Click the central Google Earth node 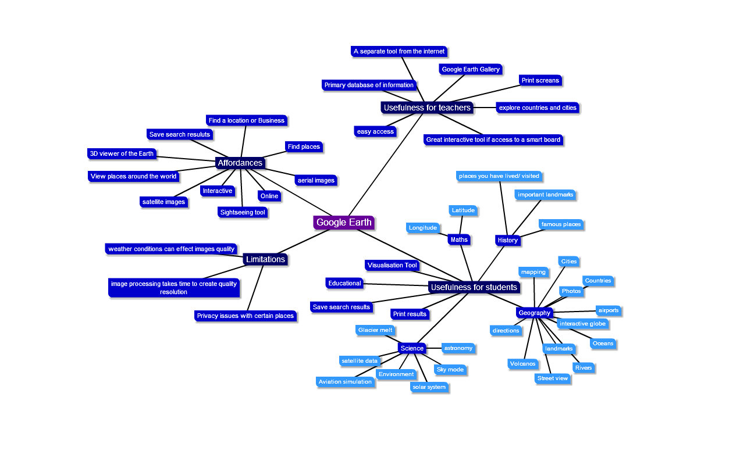coord(343,223)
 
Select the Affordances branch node coord(240,163)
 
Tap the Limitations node coord(265,259)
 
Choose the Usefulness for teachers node coord(426,108)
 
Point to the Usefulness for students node coord(474,287)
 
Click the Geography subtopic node coord(534,313)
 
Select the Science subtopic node coord(412,348)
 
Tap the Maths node coord(458,239)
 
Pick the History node coord(507,240)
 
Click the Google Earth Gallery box coord(471,69)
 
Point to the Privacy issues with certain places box coord(245,316)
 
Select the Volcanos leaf coord(522,364)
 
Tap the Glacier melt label coord(375,330)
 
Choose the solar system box coord(428,387)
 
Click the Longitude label coord(423,228)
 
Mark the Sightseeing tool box coord(243,212)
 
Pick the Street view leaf coord(553,378)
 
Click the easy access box coord(375,131)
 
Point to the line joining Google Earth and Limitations coord(308,239)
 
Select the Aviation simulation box coord(345,382)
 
